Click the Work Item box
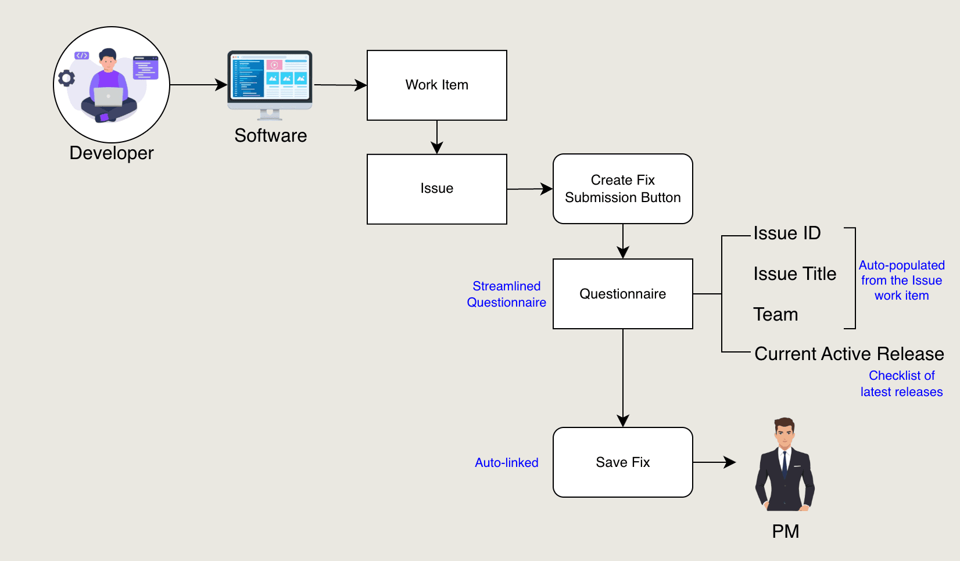pyautogui.click(x=436, y=85)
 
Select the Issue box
pyautogui.click(x=436, y=189)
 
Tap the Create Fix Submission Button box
pyautogui.click(x=622, y=189)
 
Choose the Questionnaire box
pyautogui.click(x=622, y=294)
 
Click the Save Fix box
pyautogui.click(x=622, y=462)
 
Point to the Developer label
pyautogui.click(x=112, y=153)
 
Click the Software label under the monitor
pyautogui.click(x=270, y=136)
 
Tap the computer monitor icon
pyautogui.click(x=270, y=81)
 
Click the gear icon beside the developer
pyautogui.click(x=67, y=78)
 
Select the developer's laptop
pyautogui.click(x=109, y=96)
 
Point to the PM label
pyautogui.click(x=785, y=531)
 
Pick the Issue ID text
pyautogui.click(x=787, y=233)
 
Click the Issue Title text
pyautogui.click(x=794, y=274)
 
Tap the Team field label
pyautogui.click(x=775, y=315)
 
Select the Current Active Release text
pyautogui.click(x=849, y=354)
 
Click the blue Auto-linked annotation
pyautogui.click(x=506, y=463)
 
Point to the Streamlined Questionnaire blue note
pyautogui.click(x=506, y=294)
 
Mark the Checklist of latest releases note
pyautogui.click(x=901, y=384)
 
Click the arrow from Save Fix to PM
pyautogui.click(x=714, y=462)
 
